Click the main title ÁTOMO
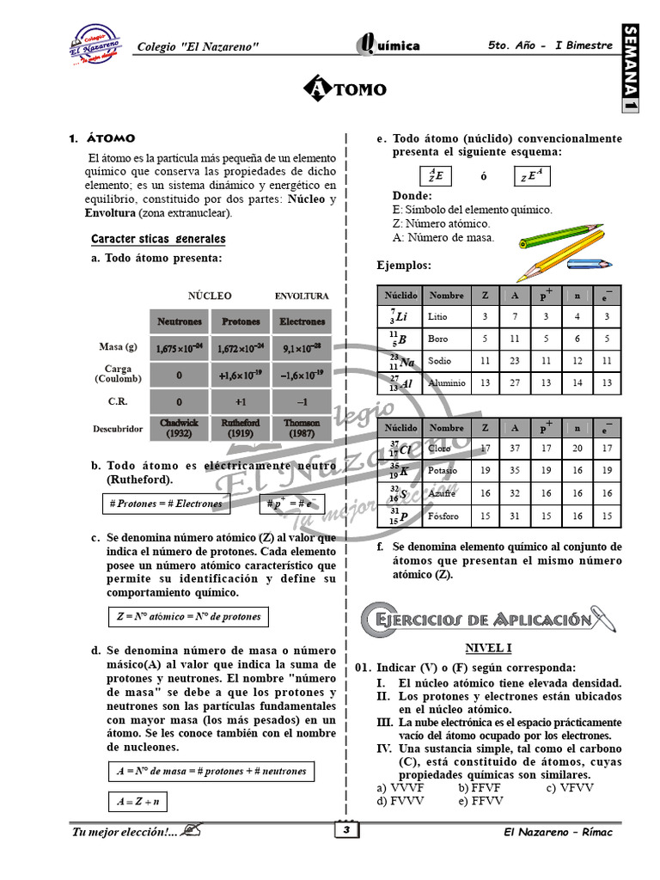tap(345, 89)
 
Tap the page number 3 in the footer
tap(344, 831)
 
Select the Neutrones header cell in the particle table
tap(180, 322)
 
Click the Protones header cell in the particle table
tap(241, 322)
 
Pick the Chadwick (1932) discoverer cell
tap(180, 428)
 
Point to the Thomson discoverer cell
tap(302, 428)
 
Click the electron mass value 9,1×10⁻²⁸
tap(302, 348)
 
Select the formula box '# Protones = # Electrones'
tap(166, 504)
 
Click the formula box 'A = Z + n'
tap(139, 802)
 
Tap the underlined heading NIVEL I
tap(488, 649)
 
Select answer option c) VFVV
tap(571, 787)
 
